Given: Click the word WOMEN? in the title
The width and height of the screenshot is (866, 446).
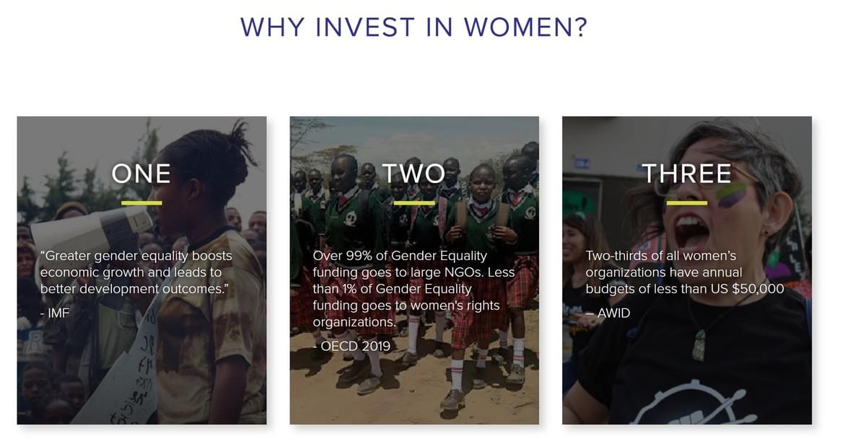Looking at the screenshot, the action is pyautogui.click(x=525, y=27).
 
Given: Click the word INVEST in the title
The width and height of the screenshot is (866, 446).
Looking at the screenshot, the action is pyautogui.click(x=365, y=27).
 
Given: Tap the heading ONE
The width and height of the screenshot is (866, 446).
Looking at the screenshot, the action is pyautogui.click(x=141, y=174).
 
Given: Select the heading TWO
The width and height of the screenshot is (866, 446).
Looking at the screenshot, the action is pyautogui.click(x=414, y=174).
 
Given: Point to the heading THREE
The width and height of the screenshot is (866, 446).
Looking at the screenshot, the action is pyautogui.click(x=686, y=174).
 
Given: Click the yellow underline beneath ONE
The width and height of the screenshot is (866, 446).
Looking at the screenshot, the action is pyautogui.click(x=141, y=202).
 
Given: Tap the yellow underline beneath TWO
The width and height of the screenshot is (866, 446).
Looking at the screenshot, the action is pyautogui.click(x=414, y=202).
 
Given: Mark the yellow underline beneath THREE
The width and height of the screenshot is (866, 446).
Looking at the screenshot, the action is pyautogui.click(x=687, y=202).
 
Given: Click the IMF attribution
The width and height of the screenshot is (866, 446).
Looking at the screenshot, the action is pyautogui.click(x=55, y=313).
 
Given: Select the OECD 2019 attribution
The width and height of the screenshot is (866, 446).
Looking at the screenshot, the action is pyautogui.click(x=352, y=346).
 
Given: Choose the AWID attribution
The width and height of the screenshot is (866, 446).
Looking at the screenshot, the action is pyautogui.click(x=608, y=313).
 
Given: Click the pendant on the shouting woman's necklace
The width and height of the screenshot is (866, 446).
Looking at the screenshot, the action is pyautogui.click(x=699, y=346).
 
